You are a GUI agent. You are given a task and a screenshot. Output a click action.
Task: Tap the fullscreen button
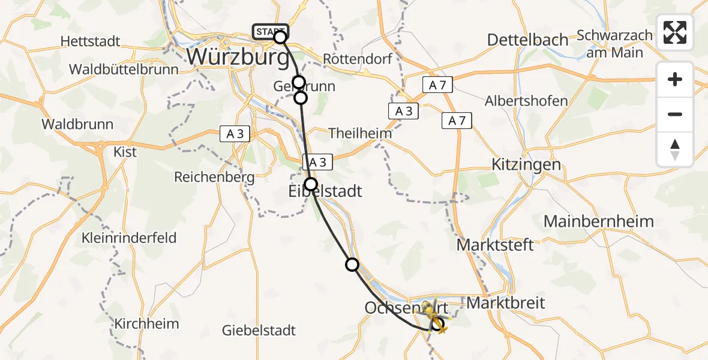point(675,32)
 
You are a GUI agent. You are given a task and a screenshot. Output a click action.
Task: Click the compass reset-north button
point(675,149)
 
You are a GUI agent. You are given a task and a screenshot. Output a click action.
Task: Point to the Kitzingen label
point(526,164)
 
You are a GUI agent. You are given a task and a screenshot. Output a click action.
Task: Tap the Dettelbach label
point(527,40)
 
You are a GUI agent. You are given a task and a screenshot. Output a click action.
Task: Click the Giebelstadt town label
point(259,330)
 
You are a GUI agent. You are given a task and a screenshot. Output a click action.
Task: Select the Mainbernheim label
point(598,221)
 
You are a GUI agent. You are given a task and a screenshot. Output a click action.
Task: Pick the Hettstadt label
point(91,42)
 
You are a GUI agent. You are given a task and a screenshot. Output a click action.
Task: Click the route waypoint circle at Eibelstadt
point(311,184)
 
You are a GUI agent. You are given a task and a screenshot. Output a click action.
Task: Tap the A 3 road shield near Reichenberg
point(235,134)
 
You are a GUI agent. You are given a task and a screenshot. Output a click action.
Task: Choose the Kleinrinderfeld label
point(130,238)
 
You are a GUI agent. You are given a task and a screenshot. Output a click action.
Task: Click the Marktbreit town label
point(505,303)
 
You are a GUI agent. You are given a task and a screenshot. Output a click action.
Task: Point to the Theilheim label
point(360,133)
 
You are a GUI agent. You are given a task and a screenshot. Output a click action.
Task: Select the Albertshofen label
point(526,101)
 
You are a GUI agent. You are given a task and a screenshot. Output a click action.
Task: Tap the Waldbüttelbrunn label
point(124,69)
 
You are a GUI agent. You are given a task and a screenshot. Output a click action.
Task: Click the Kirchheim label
point(147,324)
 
